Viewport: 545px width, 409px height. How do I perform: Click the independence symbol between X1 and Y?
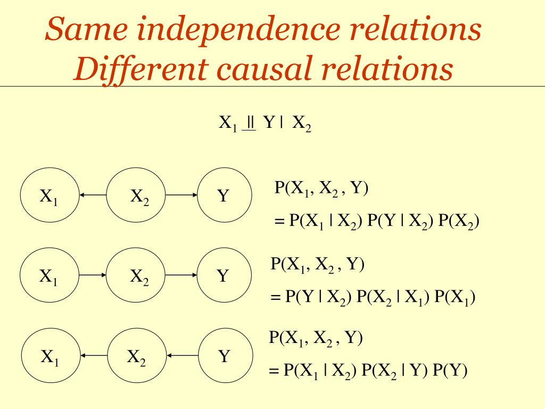click(250, 124)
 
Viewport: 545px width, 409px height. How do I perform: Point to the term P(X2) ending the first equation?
click(459, 222)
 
